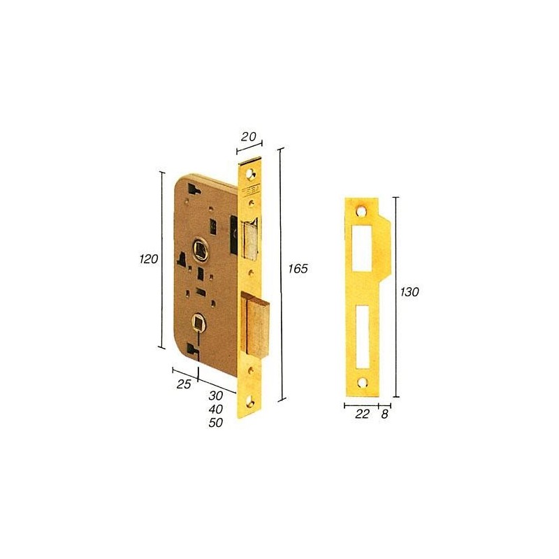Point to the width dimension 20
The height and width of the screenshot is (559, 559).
click(x=247, y=138)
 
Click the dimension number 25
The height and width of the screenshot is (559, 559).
click(x=183, y=384)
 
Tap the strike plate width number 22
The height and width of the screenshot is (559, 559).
click(x=362, y=414)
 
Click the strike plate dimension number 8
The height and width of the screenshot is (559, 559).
click(x=385, y=414)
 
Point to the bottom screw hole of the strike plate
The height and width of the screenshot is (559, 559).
click(x=363, y=382)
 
